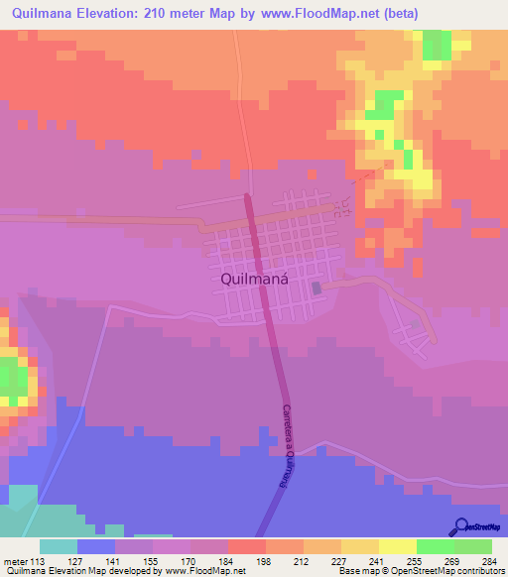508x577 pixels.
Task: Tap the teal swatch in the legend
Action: pyautogui.click(x=59, y=546)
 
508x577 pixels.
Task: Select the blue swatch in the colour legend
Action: pyautogui.click(x=96, y=546)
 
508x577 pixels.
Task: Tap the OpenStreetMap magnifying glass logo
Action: pyautogui.click(x=462, y=526)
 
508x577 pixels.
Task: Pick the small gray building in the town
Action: pyautogui.click(x=317, y=288)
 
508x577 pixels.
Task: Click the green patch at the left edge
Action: pyautogui.click(x=12, y=377)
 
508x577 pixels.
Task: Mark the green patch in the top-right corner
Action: pyautogui.click(x=436, y=44)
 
